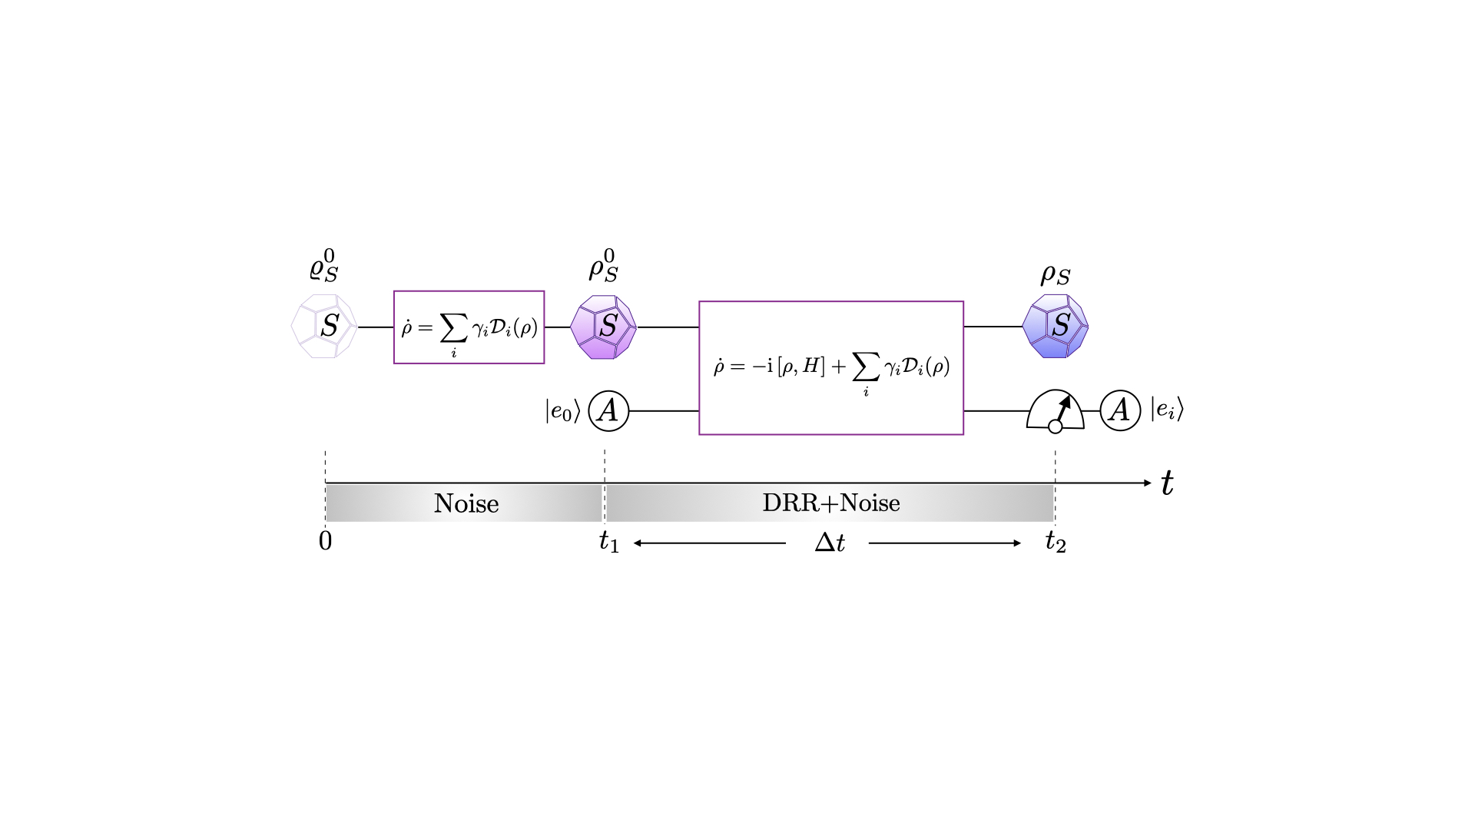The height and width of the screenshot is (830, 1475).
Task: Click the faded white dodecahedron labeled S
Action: pos(324,326)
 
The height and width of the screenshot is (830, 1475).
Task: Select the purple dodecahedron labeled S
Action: pos(604,327)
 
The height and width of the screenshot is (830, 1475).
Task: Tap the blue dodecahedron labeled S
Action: pos(1056,326)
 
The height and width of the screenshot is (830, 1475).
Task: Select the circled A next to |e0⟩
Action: pos(608,411)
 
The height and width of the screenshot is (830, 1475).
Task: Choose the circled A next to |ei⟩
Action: pos(1120,410)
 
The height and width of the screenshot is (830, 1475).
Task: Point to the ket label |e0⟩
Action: pos(563,410)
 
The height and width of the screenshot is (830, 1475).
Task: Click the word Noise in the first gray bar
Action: pos(466,503)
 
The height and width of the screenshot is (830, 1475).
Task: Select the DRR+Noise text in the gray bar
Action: pos(831,503)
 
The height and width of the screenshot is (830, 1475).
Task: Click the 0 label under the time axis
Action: pos(325,542)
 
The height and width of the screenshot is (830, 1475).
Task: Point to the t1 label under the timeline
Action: pos(609,543)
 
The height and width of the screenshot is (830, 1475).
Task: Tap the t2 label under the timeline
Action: pos(1056,543)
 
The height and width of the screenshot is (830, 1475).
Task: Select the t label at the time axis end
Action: pos(1168,483)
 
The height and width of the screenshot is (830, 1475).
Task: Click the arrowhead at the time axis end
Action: pos(1147,483)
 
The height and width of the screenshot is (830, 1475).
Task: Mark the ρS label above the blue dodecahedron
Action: pos(1056,274)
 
